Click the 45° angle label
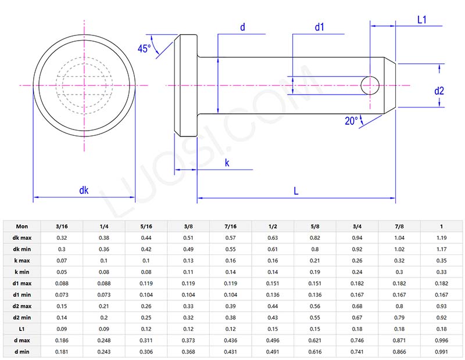144,49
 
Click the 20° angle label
351,121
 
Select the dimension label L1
422,20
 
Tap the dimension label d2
439,90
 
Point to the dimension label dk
84,190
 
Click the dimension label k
227,163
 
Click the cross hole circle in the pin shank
370,85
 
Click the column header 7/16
231,226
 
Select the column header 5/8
315,226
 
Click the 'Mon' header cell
22,226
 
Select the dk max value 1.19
442,237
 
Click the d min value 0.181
62,351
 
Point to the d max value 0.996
442,340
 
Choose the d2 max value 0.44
273,305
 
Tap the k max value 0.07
62,260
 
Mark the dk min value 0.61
273,249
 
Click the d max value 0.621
315,340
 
